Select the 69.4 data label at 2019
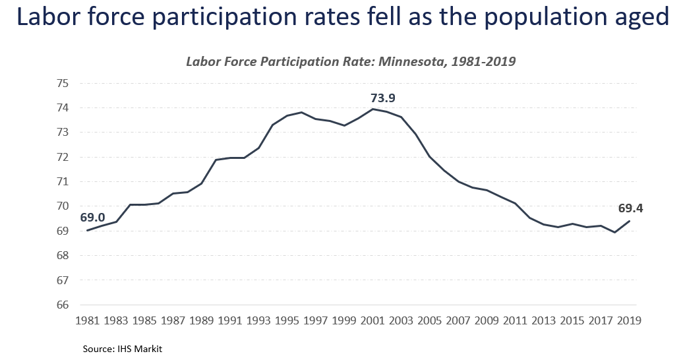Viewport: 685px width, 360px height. [630, 208]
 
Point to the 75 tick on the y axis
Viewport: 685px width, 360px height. [63, 83]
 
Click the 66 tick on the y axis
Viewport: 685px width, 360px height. [63, 305]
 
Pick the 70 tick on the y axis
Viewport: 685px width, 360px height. [63, 206]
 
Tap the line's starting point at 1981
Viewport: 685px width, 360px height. [87, 230]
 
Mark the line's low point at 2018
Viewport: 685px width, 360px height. [614, 232]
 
